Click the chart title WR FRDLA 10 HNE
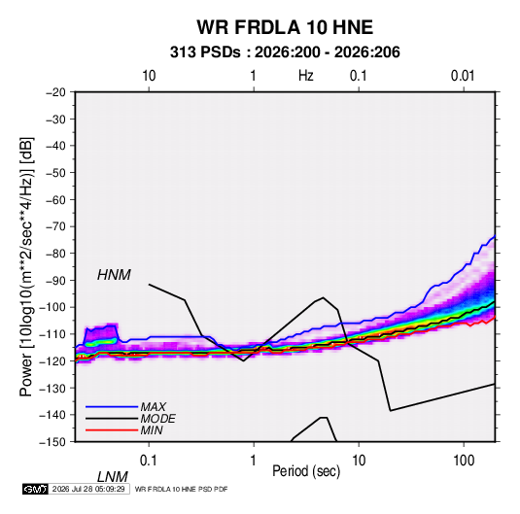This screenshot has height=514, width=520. click(285, 27)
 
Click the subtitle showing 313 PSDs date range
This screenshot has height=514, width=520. click(285, 52)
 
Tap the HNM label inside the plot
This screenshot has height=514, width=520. click(114, 275)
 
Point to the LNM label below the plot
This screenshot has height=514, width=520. click(112, 477)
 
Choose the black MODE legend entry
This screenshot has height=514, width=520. click(130, 419)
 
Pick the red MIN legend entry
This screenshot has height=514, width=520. click(124, 430)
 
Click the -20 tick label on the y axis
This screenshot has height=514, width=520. click(55, 92)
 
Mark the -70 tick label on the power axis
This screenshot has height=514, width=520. click(55, 226)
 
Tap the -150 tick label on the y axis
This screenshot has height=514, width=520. click(52, 442)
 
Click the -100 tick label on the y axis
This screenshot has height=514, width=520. click(52, 307)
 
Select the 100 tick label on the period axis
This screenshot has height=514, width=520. click(463, 460)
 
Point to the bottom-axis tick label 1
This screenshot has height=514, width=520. click(254, 460)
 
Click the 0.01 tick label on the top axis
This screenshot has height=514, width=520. click(463, 76)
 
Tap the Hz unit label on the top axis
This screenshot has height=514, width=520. click(306, 76)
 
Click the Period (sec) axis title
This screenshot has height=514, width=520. click(306, 471)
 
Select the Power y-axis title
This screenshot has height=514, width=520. click(26, 266)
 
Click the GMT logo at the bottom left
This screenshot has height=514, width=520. click(35, 489)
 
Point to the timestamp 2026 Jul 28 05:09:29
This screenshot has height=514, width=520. click(88, 489)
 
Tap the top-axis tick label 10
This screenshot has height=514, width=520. click(149, 76)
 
